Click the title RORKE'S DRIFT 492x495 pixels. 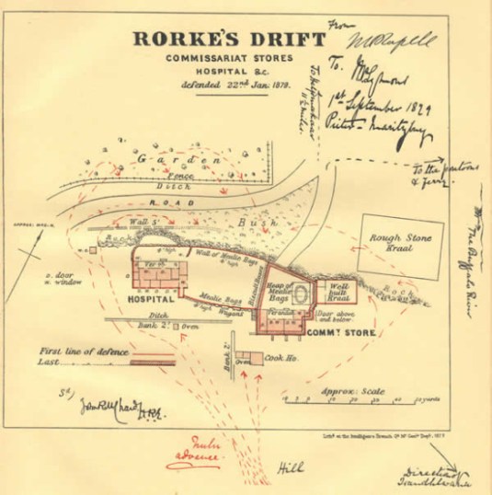coord(228,40)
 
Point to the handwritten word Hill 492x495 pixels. coord(292,467)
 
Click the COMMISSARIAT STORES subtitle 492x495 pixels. coord(228,60)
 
